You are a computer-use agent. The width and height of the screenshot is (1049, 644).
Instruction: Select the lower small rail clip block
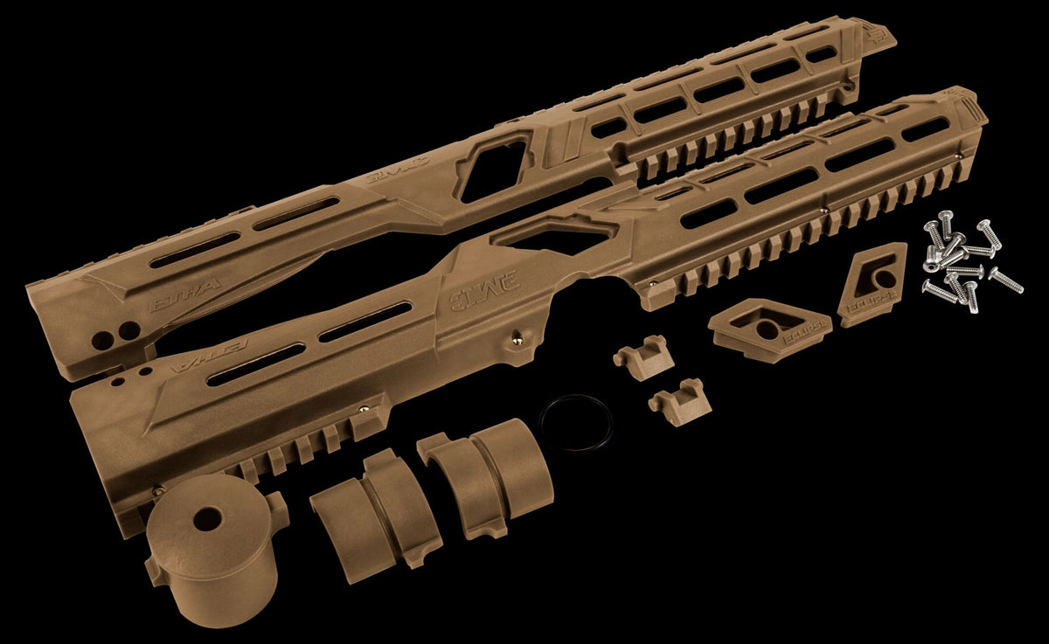(x=680, y=401)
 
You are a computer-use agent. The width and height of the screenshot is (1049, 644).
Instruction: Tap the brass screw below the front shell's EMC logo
(x=517, y=342)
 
